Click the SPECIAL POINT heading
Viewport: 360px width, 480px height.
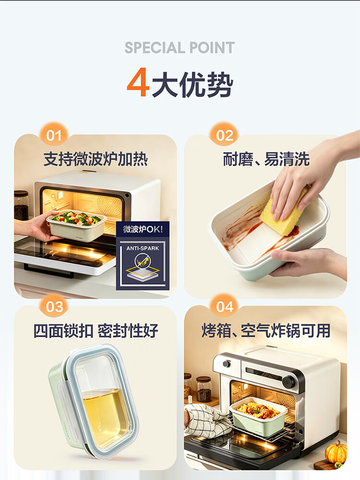tap(180, 48)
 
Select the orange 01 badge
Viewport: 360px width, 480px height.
tap(54, 135)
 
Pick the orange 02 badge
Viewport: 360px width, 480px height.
tap(224, 135)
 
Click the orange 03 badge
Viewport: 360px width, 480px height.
tap(54, 306)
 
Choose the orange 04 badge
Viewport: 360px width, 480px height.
tap(224, 306)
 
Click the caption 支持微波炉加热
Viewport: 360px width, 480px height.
tap(96, 159)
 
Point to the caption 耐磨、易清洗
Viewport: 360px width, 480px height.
tap(266, 159)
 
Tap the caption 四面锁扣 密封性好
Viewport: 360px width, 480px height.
tap(96, 330)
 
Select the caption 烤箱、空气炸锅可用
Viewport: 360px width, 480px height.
tap(266, 330)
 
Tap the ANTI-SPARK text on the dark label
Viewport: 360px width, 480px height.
tap(143, 248)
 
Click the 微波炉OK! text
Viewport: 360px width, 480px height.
tap(143, 229)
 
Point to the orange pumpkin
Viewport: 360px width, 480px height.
tap(336, 453)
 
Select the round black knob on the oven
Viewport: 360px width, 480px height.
tap(289, 381)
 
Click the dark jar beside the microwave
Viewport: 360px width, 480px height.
tap(21, 205)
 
